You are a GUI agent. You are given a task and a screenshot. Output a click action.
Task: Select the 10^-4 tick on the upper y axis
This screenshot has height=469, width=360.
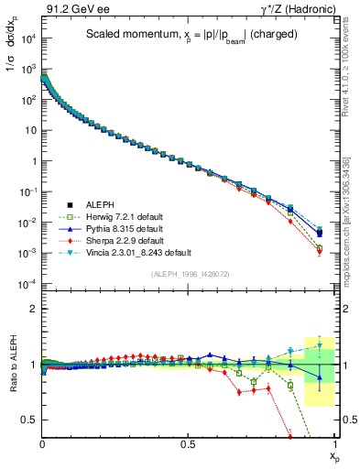click(x=27, y=284)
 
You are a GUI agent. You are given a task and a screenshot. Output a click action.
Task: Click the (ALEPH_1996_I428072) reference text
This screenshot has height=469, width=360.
click(x=190, y=274)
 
